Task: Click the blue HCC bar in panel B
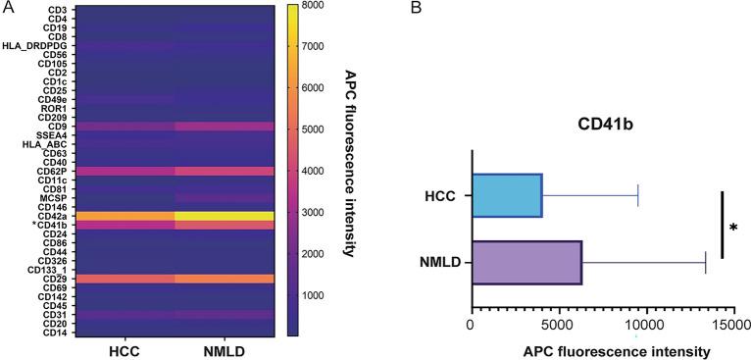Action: pyautogui.click(x=506, y=208)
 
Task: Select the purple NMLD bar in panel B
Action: pyautogui.click(x=526, y=262)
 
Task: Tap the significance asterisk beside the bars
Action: pyautogui.click(x=733, y=229)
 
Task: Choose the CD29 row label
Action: pyautogui.click(x=54, y=279)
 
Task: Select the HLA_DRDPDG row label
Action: pyautogui.click(x=39, y=45)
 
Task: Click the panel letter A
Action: pyautogui.click(x=6, y=7)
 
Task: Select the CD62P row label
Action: pyautogui.click(x=52, y=171)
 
